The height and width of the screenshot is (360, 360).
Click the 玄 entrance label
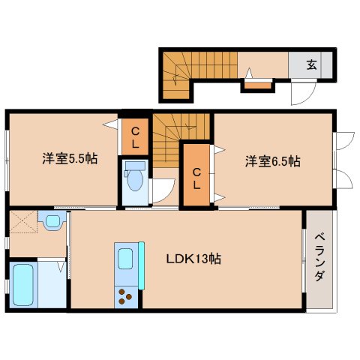coord(311,64)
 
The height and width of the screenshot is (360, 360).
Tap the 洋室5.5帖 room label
coord(69,159)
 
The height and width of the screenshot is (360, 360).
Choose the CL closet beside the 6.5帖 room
coord(197,176)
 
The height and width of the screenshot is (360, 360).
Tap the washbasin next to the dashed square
coord(52,221)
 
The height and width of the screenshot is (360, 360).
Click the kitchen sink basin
coord(124,259)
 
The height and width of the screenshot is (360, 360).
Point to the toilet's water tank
coord(136,166)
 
